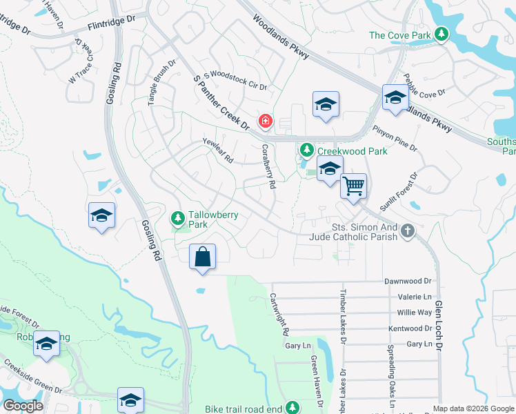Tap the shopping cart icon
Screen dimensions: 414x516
coord(353,185)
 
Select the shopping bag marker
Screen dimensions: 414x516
coord(202,257)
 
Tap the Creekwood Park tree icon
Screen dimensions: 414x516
coord(306,150)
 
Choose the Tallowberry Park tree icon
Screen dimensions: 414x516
coord(178,219)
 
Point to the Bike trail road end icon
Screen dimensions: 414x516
coord(292,408)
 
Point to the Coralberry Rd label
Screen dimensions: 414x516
coord(269,166)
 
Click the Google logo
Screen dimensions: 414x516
coord(23,406)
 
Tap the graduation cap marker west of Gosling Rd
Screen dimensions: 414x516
coord(101,216)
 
